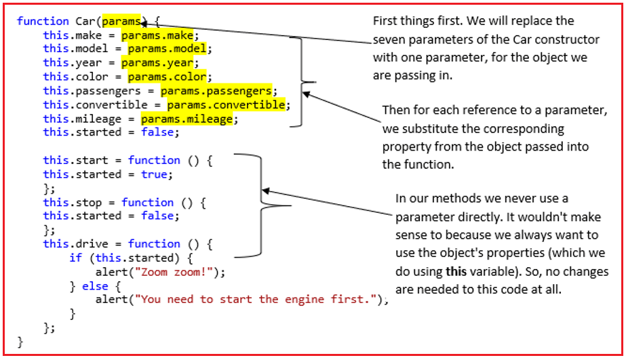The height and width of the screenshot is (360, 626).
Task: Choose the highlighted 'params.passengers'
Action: [x=216, y=91]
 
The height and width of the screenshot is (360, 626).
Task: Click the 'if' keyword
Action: [x=75, y=258]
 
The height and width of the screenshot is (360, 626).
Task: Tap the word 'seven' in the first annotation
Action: [x=389, y=39]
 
